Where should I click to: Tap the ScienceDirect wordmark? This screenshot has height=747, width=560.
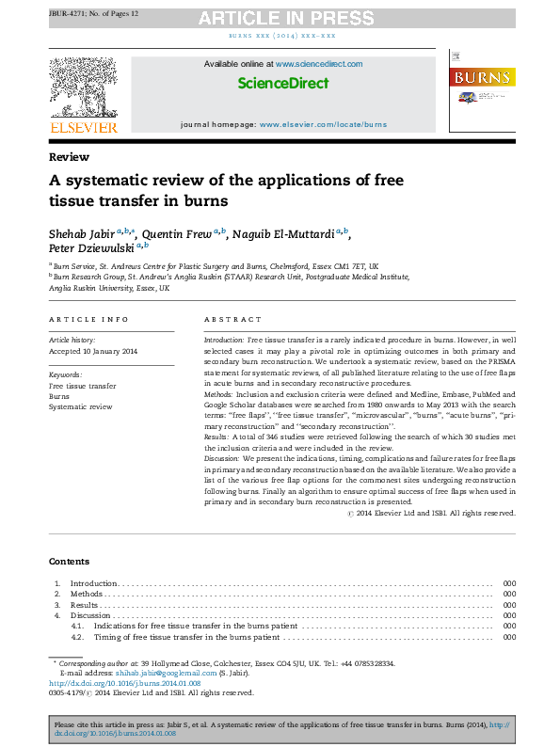point(282,83)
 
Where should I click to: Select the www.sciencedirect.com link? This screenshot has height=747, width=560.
point(319,64)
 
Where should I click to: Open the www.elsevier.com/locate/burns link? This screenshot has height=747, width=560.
point(323,124)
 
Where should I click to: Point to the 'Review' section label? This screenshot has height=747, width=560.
point(69,157)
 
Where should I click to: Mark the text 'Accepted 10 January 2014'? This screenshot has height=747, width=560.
point(92,351)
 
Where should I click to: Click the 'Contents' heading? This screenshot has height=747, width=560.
point(70,562)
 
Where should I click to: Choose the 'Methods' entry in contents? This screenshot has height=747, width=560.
point(87,595)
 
